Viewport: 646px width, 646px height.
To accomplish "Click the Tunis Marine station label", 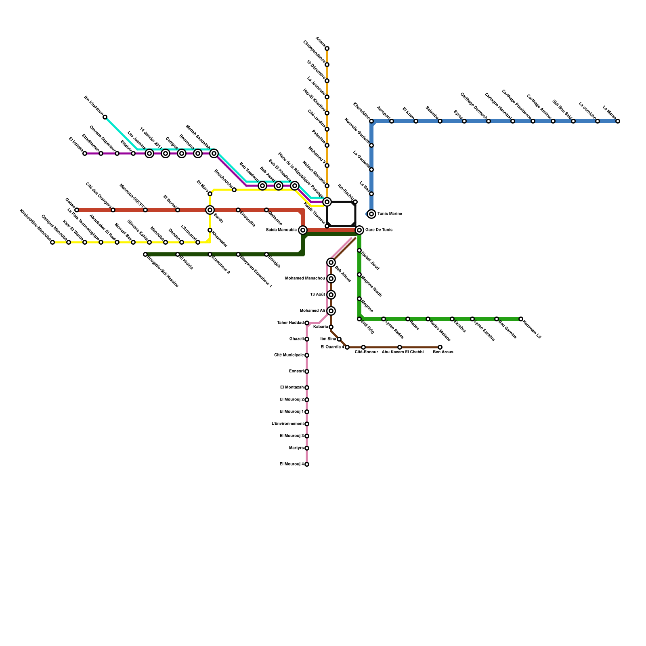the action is (390, 214).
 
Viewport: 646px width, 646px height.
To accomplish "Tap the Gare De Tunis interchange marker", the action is (359, 230).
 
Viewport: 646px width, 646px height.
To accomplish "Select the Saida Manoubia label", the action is (281, 230).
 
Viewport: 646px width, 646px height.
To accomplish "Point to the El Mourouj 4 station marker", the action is (307, 464).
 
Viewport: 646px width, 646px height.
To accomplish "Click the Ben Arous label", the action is (443, 352).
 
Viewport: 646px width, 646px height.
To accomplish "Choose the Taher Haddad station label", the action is (290, 323).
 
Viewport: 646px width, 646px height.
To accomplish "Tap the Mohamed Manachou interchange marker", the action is (331, 279).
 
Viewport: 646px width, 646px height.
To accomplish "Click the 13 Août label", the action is (317, 295).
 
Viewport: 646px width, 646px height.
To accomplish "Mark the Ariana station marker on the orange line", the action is (327, 48).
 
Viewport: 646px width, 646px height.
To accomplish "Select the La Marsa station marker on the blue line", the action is (618, 121).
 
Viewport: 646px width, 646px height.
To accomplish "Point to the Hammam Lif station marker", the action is (521, 319).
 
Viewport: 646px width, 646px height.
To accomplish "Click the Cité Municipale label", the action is (289, 355).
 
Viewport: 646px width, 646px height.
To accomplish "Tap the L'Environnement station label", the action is (287, 424).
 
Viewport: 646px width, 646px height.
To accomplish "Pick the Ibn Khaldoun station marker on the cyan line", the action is (105, 117).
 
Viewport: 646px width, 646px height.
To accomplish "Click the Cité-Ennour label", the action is (366, 352).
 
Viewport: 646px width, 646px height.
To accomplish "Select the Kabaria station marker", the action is (331, 327).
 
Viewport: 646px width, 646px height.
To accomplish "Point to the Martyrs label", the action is (296, 448).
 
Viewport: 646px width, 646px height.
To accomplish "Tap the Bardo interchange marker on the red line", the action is (210, 210).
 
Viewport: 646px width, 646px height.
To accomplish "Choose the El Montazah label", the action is (292, 388).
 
